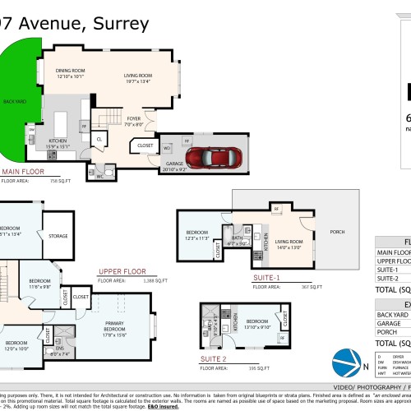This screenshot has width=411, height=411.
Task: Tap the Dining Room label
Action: [x=70, y=73]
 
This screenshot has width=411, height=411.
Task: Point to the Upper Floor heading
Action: [x=121, y=270]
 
